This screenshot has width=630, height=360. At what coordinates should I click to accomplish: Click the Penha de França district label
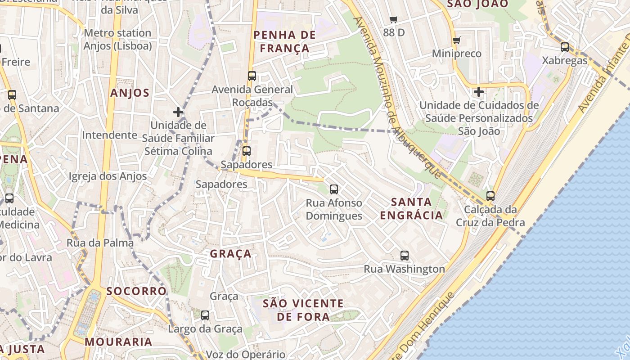pyautogui.click(x=282, y=41)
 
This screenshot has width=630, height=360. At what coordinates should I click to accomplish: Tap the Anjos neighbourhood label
pyautogui.click(x=130, y=93)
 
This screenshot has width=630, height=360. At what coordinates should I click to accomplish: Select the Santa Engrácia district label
pyautogui.click(x=411, y=208)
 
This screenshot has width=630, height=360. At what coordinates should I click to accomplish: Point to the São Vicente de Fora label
pyautogui.click(x=303, y=310)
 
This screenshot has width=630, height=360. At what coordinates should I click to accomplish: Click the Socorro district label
pyautogui.click(x=137, y=291)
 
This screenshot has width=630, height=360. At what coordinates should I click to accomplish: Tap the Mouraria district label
pyautogui.click(x=119, y=342)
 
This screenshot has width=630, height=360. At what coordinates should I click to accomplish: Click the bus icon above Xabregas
pyautogui.click(x=565, y=47)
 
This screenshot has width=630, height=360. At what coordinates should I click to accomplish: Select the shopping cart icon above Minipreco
pyautogui.click(x=457, y=40)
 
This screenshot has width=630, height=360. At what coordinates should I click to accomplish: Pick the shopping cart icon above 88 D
pyautogui.click(x=394, y=20)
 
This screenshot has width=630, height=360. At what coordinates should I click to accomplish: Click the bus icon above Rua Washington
pyautogui.click(x=405, y=256)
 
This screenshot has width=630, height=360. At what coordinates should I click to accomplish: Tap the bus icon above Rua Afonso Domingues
pyautogui.click(x=333, y=189)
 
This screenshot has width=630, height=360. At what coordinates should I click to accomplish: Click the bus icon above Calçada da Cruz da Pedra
pyautogui.click(x=490, y=196)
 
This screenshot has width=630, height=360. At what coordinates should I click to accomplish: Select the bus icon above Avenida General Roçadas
pyautogui.click(x=252, y=76)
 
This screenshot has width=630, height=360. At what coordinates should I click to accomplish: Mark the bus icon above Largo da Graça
pyautogui.click(x=205, y=315)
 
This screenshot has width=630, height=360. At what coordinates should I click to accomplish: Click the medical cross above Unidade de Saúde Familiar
pyautogui.click(x=178, y=112)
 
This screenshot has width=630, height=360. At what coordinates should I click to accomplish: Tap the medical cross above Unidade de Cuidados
pyautogui.click(x=479, y=92)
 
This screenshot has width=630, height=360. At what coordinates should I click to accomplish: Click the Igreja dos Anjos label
pyautogui.click(x=108, y=176)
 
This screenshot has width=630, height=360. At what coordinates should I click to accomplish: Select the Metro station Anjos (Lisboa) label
pyautogui.click(x=117, y=40)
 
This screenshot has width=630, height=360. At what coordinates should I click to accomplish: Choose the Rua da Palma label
pyautogui.click(x=100, y=243)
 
